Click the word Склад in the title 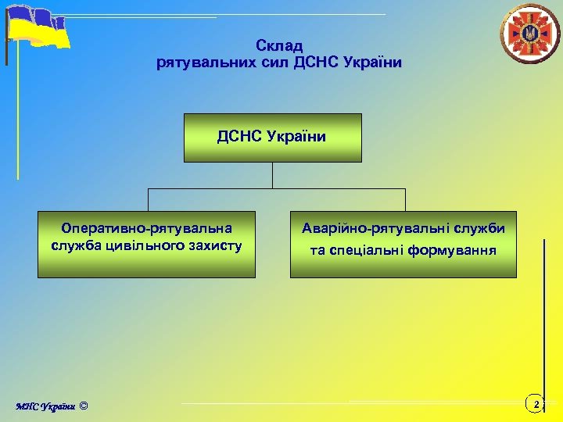(279, 46)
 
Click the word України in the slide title (371, 63)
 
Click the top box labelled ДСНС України (272, 138)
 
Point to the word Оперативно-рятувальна (147, 228)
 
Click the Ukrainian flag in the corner (38, 28)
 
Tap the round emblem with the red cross (530, 34)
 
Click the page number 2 (536, 404)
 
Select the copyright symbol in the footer (84, 406)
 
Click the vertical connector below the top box (272, 175)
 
